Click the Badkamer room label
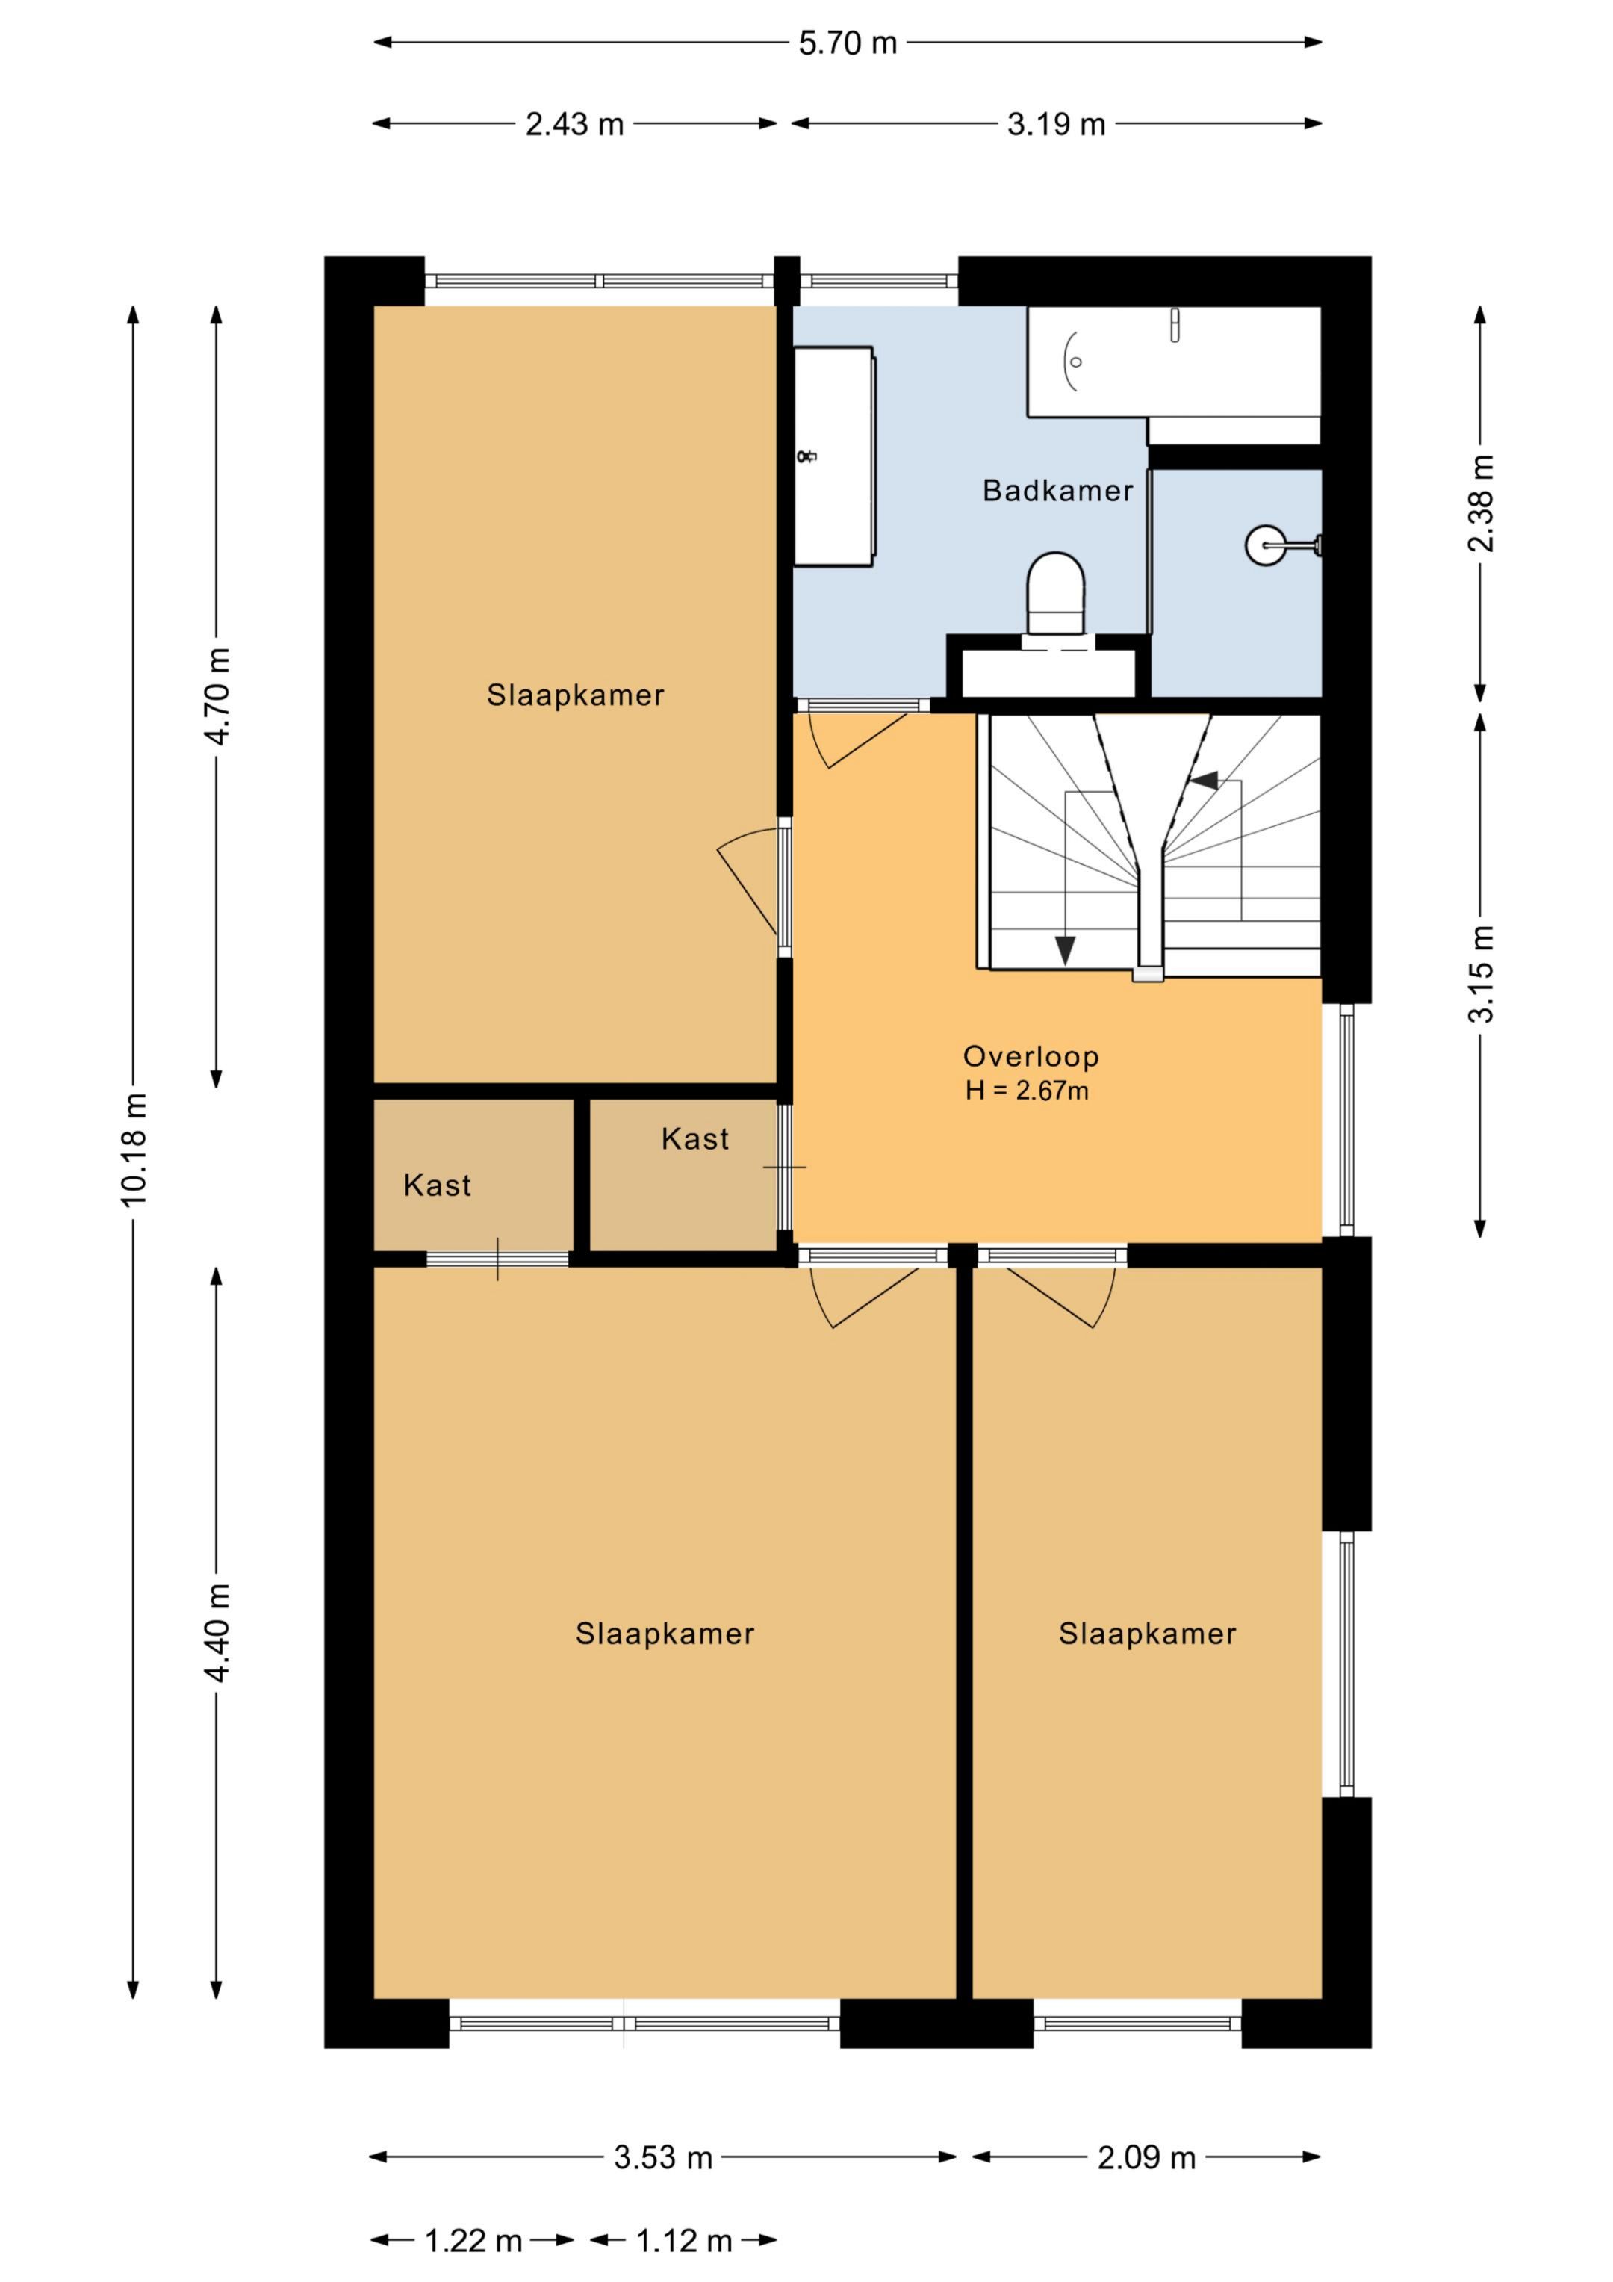click(1057, 490)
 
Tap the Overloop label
click(1031, 1056)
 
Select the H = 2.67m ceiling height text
click(1027, 1091)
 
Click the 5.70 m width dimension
click(848, 43)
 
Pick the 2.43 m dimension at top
click(574, 124)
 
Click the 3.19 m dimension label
click(1057, 124)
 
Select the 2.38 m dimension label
click(1481, 503)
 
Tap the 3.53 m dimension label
click(663, 2158)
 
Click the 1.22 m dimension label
click(473, 2241)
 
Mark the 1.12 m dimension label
click(684, 2241)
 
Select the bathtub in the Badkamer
click(1174, 362)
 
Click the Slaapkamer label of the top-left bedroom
click(576, 695)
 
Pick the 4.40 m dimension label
click(217, 1632)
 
